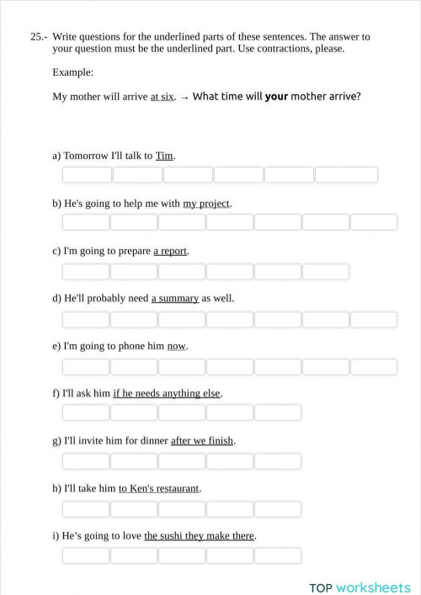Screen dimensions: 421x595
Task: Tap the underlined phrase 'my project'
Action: tap(206, 204)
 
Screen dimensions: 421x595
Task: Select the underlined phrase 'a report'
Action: tap(170, 251)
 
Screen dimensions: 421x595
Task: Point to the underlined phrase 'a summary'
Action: tap(175, 298)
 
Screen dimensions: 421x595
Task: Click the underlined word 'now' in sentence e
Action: tap(177, 346)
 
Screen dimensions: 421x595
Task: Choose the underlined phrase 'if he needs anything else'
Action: tap(167, 393)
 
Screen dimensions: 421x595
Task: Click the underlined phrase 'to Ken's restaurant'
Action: tap(159, 488)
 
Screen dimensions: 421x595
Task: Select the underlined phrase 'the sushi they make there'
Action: tap(200, 535)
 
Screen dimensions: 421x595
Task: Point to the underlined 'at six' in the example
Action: tap(163, 97)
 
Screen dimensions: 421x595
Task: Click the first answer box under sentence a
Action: tap(87, 175)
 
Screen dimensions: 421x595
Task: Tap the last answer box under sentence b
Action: tap(373, 222)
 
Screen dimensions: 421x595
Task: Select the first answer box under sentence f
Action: tap(86, 412)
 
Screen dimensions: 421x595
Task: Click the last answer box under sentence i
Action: tap(277, 555)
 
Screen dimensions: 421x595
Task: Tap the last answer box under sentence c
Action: tap(325, 271)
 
